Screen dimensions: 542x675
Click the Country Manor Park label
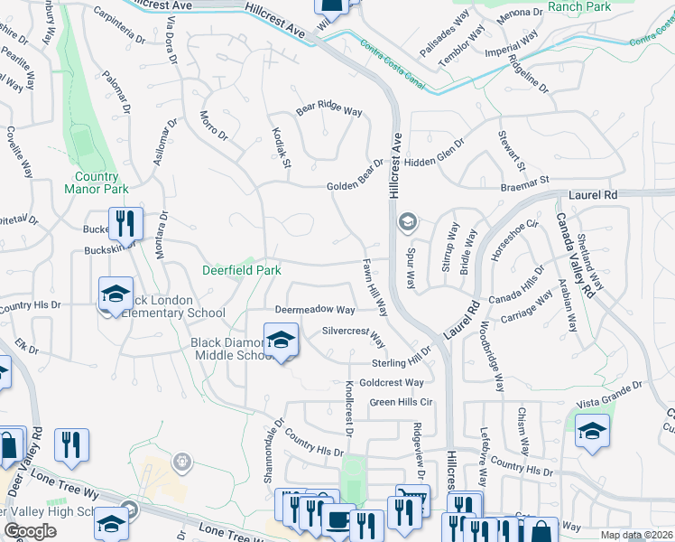[x=97, y=182]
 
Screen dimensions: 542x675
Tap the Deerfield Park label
[x=240, y=270]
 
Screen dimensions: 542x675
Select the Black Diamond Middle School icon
[x=281, y=341]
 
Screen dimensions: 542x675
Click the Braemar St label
[x=525, y=183]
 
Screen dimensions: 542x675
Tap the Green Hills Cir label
[x=402, y=402]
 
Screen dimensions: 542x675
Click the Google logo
[x=30, y=531]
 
